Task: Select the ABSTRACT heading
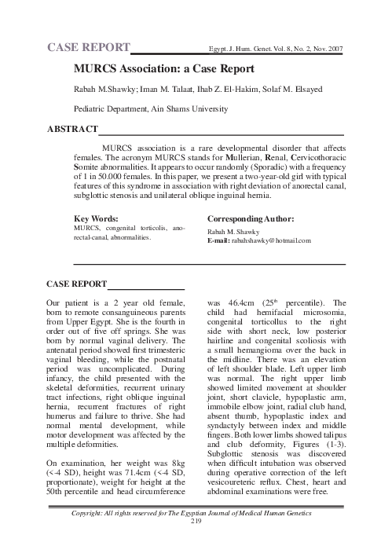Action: tap(73, 128)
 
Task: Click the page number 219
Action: tap(196, 542)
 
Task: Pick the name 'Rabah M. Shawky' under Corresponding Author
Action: tap(233, 231)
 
